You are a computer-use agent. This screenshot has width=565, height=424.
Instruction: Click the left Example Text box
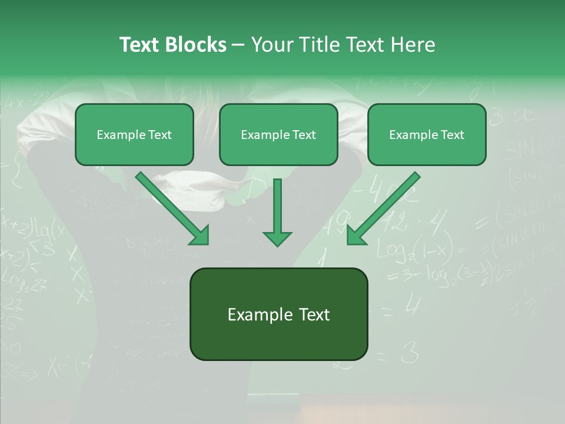(134, 135)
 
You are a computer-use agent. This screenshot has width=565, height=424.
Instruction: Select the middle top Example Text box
(278, 135)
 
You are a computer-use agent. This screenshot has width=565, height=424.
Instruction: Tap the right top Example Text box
(427, 135)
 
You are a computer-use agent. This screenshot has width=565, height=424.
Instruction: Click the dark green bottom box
(278, 314)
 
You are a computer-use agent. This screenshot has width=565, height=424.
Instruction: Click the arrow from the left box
(171, 207)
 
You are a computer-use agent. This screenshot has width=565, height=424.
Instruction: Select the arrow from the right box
(385, 207)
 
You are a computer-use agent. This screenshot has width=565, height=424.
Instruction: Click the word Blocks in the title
(195, 45)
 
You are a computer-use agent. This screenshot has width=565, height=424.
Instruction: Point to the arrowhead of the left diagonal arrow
(201, 236)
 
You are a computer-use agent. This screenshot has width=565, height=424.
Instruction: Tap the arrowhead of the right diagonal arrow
(355, 236)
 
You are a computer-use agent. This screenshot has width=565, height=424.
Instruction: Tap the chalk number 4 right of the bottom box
(413, 306)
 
